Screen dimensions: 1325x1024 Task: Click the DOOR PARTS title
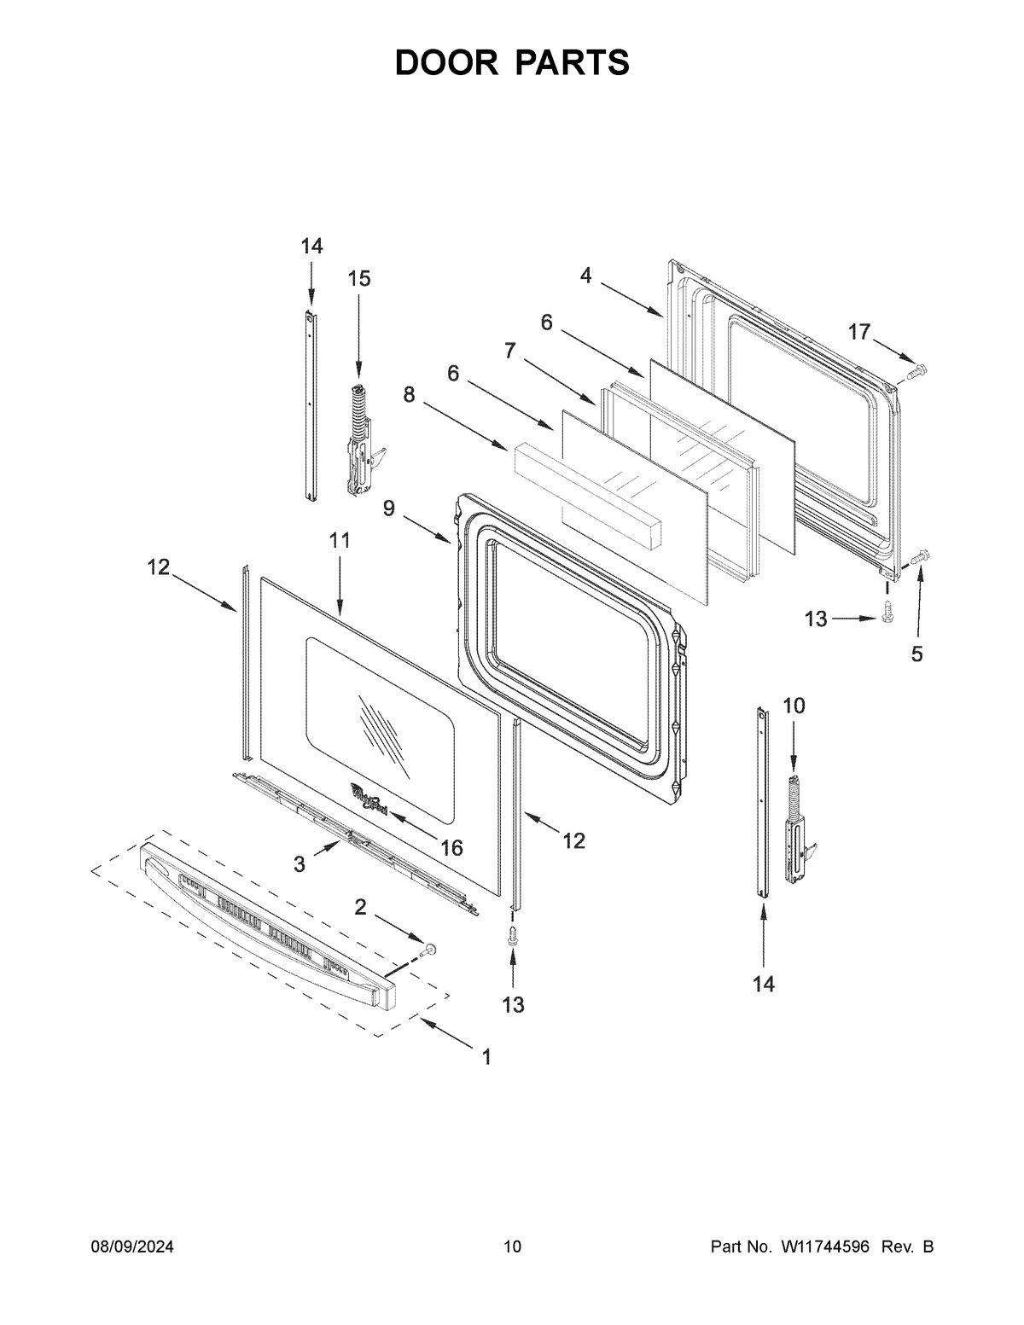coord(512,63)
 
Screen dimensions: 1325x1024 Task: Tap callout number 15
coord(359,278)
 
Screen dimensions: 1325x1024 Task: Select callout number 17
coord(858,332)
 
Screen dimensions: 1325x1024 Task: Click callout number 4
coord(585,275)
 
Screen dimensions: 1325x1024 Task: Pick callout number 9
coord(389,508)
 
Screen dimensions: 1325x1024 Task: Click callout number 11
coord(340,540)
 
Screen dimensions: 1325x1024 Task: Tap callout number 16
coord(451,847)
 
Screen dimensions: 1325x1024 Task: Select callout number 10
coord(794,706)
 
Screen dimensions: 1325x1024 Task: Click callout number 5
coord(916,654)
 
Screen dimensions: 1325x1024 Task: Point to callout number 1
coord(486,1057)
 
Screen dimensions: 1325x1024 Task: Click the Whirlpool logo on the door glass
coord(369,800)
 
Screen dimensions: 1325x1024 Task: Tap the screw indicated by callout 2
coord(430,948)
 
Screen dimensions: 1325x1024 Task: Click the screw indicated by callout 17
coord(918,371)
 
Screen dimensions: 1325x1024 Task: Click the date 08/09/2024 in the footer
coord(132,1247)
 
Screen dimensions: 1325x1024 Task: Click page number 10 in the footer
coord(512,1247)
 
